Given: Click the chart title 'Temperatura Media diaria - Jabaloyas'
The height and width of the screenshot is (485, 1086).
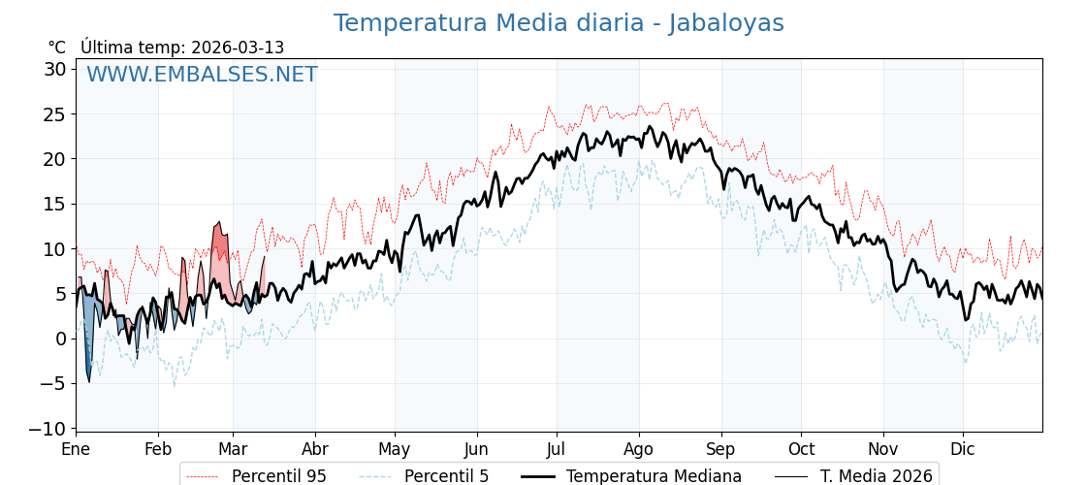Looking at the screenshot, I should pyautogui.click(x=559, y=23).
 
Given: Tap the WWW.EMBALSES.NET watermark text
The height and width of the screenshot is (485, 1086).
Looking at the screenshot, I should pyautogui.click(x=202, y=75).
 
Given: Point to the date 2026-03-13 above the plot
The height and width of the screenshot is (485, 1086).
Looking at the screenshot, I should pyautogui.click(x=238, y=48).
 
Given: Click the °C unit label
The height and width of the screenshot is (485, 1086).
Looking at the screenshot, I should pyautogui.click(x=56, y=48).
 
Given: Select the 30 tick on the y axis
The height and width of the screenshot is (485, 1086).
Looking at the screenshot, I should pyautogui.click(x=54, y=69).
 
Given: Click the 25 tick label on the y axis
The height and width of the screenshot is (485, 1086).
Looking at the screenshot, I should pyautogui.click(x=54, y=113).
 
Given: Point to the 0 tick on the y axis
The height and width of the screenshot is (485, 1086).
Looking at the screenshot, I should pyautogui.click(x=60, y=339).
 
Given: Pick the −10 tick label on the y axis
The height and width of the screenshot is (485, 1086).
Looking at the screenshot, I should pyautogui.click(x=48, y=429).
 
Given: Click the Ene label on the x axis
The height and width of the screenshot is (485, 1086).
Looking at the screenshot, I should pyautogui.click(x=76, y=449).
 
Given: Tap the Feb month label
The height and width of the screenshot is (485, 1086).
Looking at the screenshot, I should pyautogui.click(x=158, y=449).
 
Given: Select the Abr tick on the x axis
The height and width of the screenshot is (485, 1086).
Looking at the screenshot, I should pyautogui.click(x=315, y=449).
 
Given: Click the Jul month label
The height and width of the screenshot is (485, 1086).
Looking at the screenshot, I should pyautogui.click(x=557, y=449).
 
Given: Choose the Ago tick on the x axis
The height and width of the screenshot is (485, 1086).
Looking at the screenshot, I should pyautogui.click(x=639, y=449).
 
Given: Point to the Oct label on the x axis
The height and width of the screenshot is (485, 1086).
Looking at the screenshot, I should pyautogui.click(x=801, y=449).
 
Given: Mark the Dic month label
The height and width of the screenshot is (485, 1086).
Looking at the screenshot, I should pyautogui.click(x=963, y=449).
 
